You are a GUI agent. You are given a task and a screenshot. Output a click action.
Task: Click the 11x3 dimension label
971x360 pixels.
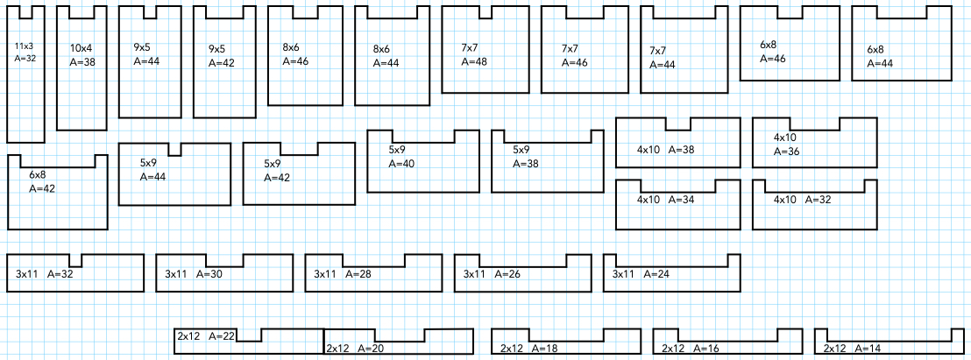click(x=25, y=45)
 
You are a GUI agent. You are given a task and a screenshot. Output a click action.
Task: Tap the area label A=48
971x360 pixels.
click(x=473, y=62)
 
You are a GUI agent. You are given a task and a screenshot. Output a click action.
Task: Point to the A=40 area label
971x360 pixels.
click(x=401, y=163)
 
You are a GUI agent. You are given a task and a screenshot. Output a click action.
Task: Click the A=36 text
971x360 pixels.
click(x=787, y=152)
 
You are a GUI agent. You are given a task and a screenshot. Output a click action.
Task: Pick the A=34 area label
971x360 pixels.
click(x=681, y=199)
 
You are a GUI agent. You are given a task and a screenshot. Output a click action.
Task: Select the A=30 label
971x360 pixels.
click(x=209, y=274)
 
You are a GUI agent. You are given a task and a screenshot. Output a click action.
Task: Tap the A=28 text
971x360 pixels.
click(x=358, y=274)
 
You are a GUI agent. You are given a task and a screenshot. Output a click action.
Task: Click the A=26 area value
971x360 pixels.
click(x=507, y=274)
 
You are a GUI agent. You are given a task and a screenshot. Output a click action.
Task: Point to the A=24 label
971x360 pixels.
click(x=656, y=274)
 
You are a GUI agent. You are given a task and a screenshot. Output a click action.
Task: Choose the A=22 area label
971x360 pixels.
click(x=222, y=335)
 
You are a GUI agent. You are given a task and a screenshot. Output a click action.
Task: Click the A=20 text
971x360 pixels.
click(x=371, y=348)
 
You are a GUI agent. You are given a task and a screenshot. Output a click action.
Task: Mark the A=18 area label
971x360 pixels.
click(x=544, y=348)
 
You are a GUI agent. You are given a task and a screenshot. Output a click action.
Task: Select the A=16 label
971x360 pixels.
click(x=705, y=348)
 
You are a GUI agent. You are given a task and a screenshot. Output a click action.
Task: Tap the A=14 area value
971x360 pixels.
click(x=867, y=348)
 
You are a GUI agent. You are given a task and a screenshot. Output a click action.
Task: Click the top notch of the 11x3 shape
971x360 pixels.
click(x=25, y=11)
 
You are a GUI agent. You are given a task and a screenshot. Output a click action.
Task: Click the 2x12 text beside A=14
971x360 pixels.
click(x=834, y=348)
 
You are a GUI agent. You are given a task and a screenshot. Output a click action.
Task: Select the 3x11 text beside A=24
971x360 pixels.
click(x=623, y=274)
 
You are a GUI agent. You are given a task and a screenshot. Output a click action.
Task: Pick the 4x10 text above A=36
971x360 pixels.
click(x=785, y=138)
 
